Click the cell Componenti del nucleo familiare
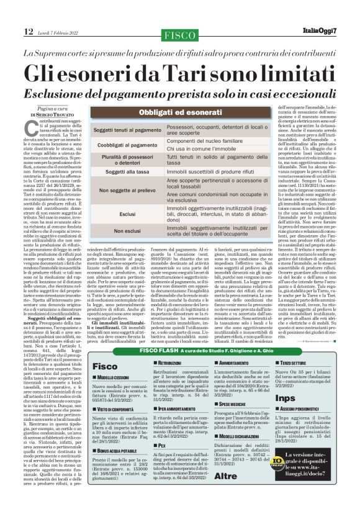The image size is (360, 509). pos(206,141)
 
